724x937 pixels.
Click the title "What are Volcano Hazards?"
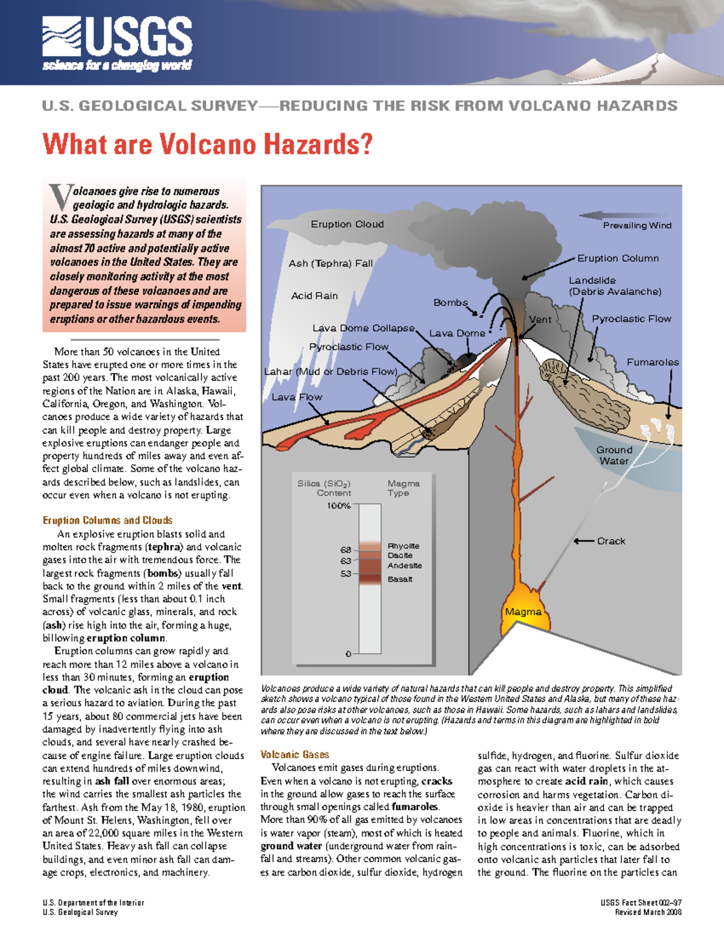click(208, 145)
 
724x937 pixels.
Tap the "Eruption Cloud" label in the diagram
click(347, 224)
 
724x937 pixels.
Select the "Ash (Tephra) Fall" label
click(330, 263)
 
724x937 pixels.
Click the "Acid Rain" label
click(314, 296)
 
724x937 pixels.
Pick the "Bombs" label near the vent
click(450, 302)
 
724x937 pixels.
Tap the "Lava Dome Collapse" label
click(363, 328)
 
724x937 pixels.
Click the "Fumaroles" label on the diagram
click(652, 362)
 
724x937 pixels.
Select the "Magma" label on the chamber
click(523, 612)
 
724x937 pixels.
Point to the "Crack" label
click(611, 541)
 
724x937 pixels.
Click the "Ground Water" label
click(614, 456)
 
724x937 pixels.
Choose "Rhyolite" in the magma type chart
click(403, 546)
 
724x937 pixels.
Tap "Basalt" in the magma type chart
click(400, 579)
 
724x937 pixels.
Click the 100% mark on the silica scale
click(338, 506)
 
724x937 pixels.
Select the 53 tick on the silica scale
click(346, 574)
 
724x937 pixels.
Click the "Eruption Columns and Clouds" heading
click(107, 520)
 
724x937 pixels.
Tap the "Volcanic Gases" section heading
click(294, 755)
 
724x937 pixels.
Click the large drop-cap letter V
click(60, 197)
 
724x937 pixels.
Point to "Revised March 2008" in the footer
click(648, 912)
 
